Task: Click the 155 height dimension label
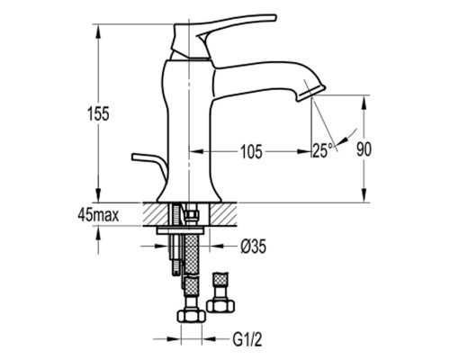[x=98, y=114]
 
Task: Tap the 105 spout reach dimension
[x=251, y=151]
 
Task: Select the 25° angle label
[x=323, y=150]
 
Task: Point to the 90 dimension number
[x=364, y=149]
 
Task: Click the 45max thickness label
[x=98, y=215]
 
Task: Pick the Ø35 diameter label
[x=254, y=247]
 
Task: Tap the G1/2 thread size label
[x=247, y=340]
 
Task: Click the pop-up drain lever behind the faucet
[x=150, y=165]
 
